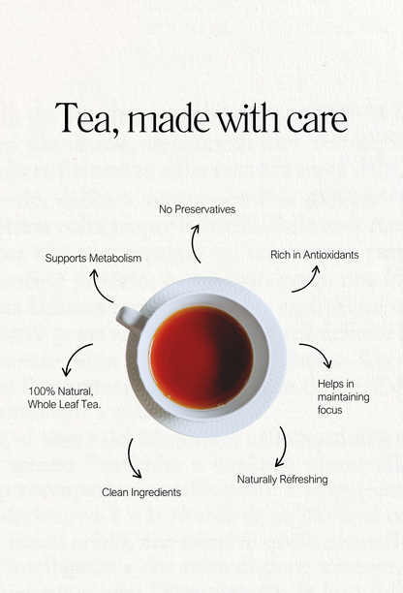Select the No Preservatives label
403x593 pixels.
click(197, 209)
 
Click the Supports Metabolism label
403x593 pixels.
click(93, 259)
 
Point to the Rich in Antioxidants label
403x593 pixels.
click(315, 255)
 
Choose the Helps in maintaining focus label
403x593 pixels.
click(343, 396)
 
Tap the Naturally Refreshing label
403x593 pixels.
click(283, 480)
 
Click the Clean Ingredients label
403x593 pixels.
click(141, 492)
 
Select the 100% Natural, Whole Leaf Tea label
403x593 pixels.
click(64, 397)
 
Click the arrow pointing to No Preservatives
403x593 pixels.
click(193, 244)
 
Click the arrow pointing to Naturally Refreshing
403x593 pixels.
click(285, 447)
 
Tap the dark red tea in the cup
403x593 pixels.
click(201, 358)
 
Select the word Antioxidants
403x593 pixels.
click(330, 255)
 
